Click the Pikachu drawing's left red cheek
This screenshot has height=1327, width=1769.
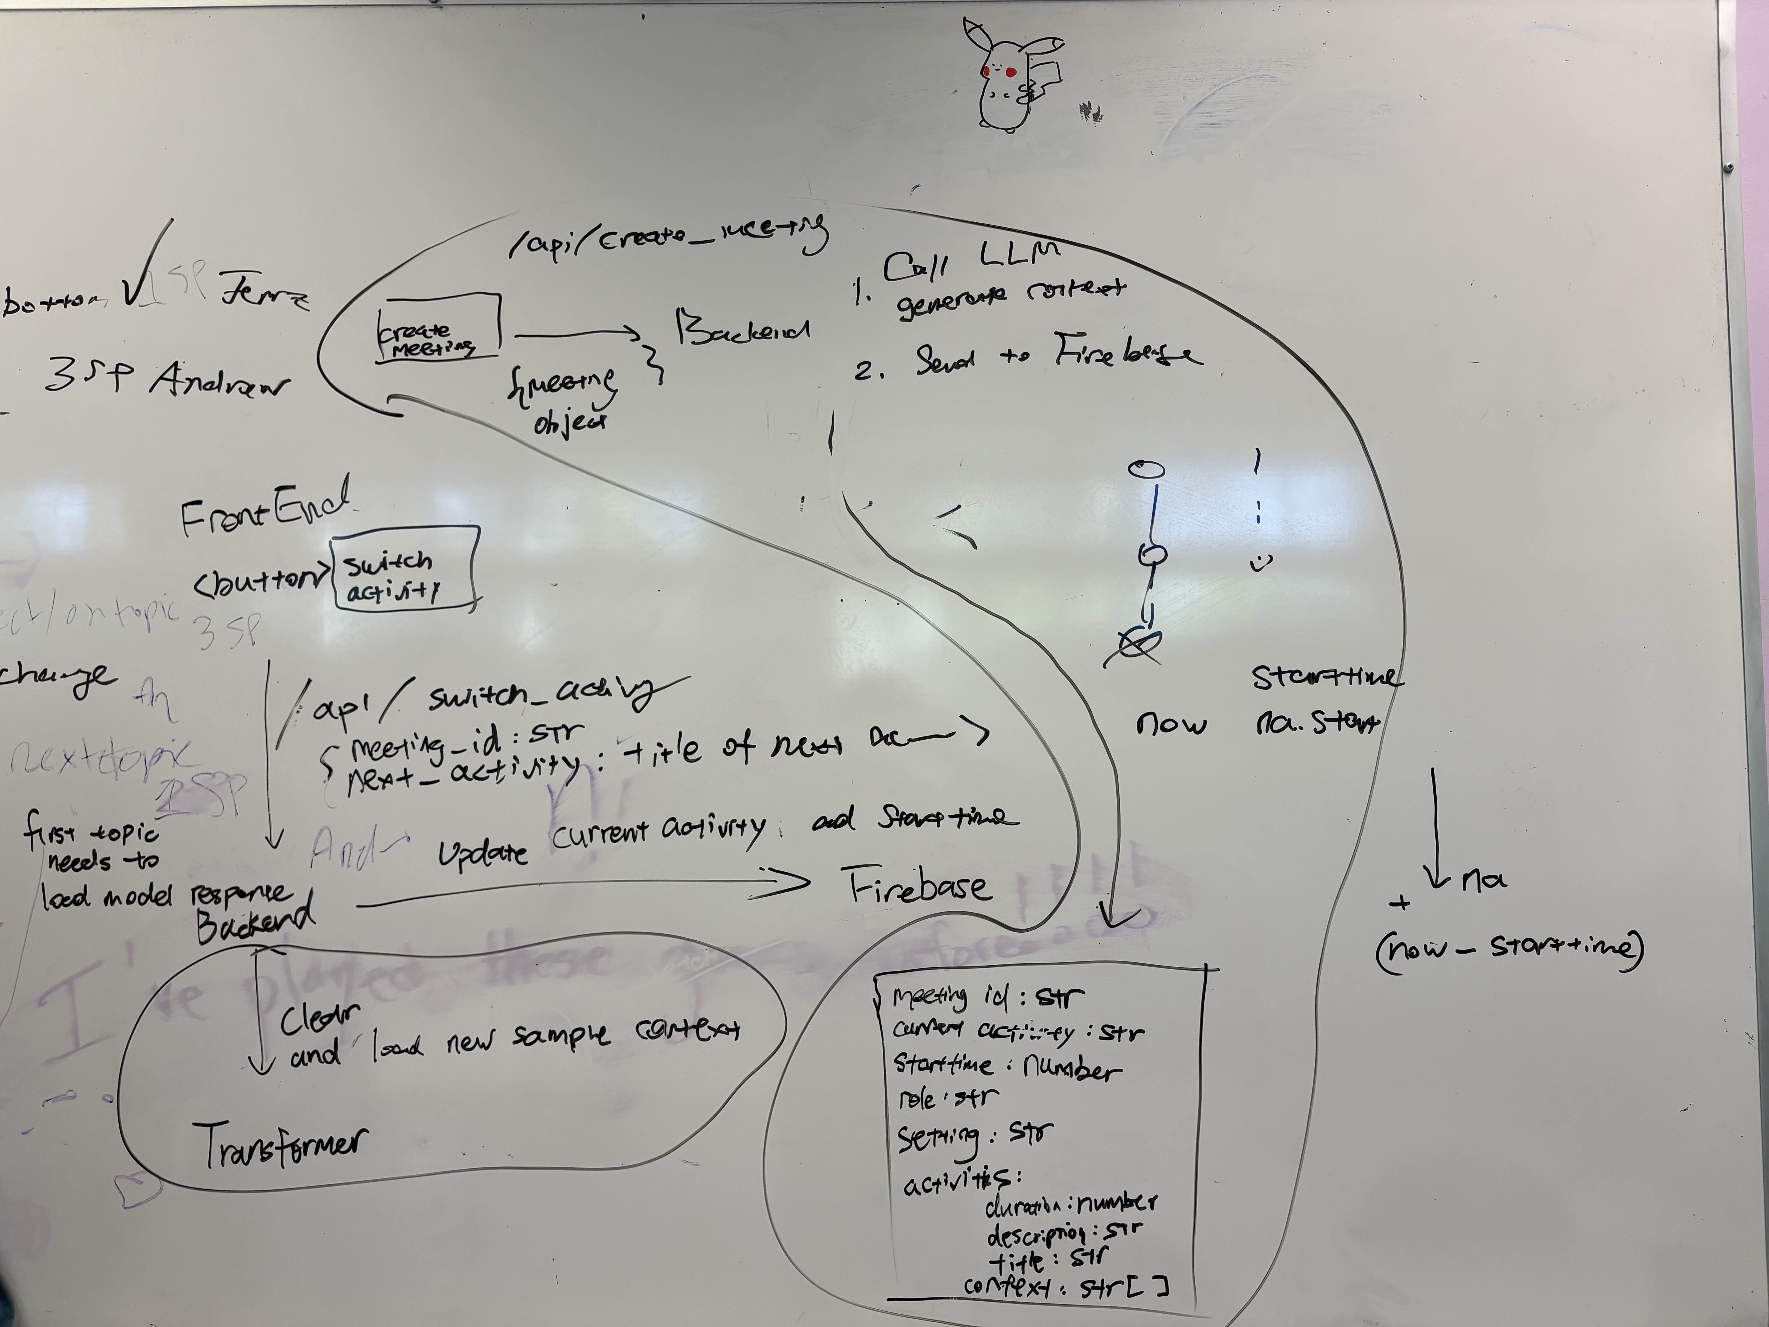click(987, 71)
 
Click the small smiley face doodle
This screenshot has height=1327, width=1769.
click(1261, 562)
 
